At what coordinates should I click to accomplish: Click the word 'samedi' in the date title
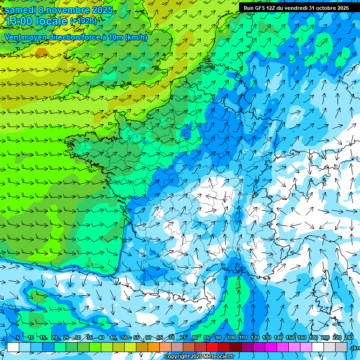[20, 10]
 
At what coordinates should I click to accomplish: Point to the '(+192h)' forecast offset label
[83, 21]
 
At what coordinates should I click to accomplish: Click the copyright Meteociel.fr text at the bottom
[199, 357]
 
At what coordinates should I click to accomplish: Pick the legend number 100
[231, 337]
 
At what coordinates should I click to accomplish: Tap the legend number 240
[349, 337]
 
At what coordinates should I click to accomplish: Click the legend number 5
[17, 337]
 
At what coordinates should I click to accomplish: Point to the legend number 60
[148, 337]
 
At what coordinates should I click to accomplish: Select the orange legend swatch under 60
[154, 347]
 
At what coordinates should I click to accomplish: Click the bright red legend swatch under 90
[212, 347]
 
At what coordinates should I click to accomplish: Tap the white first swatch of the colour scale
[13, 347]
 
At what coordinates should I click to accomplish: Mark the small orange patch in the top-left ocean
[42, 52]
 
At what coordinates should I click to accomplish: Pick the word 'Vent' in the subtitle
[13, 37]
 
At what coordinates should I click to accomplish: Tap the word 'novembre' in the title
[68, 10]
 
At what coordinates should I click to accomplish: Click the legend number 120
[255, 337]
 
